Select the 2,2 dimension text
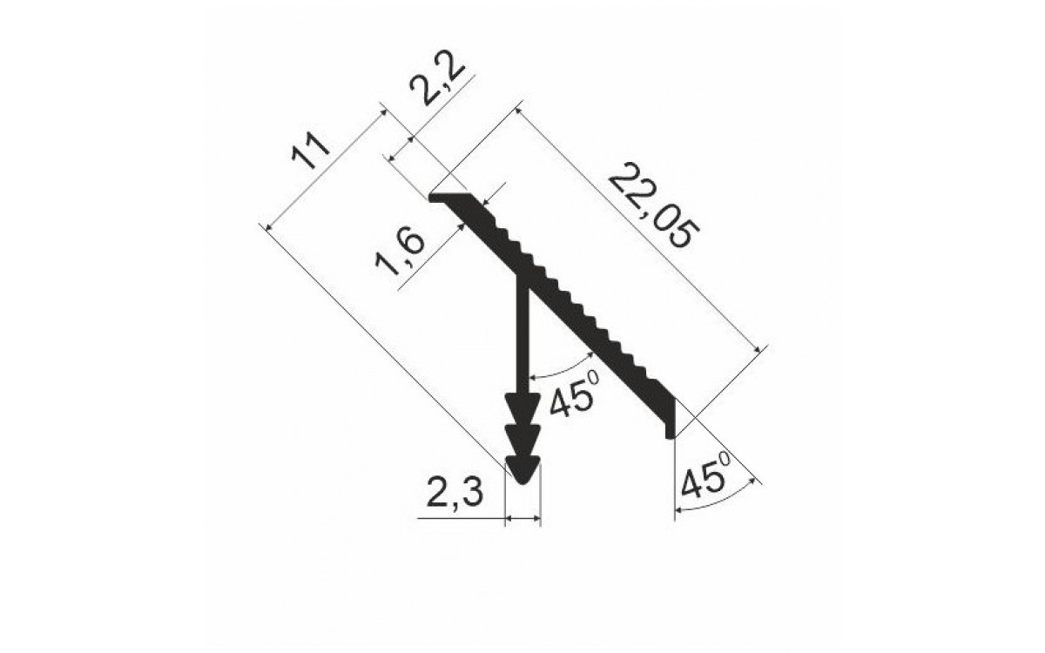tap(437, 77)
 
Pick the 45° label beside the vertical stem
tap(574, 394)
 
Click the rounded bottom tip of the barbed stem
tap(523, 481)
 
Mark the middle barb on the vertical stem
tap(523, 440)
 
